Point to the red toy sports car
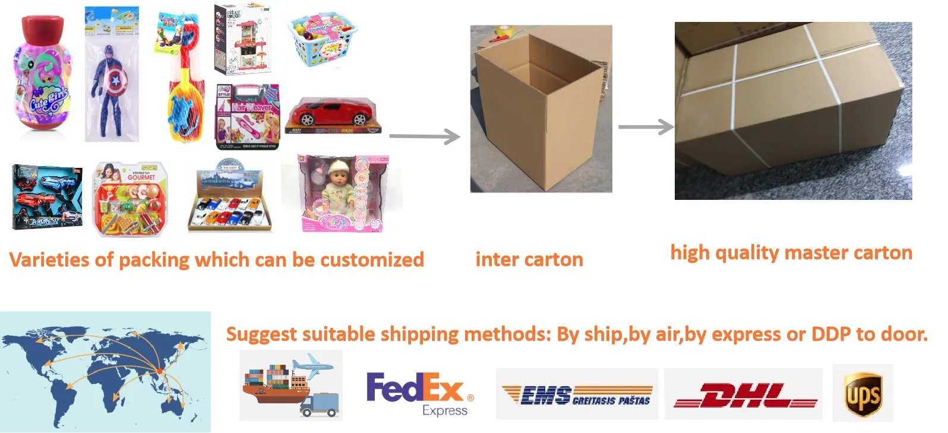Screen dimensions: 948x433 click(333, 114)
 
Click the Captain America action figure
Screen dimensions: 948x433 click(110, 76)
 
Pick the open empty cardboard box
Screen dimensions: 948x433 click(541, 109)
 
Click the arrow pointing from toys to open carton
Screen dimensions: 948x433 click(425, 137)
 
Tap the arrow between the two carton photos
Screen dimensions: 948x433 click(646, 126)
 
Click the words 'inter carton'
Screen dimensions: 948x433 click(529, 260)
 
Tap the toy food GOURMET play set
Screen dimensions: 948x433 click(131, 199)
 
